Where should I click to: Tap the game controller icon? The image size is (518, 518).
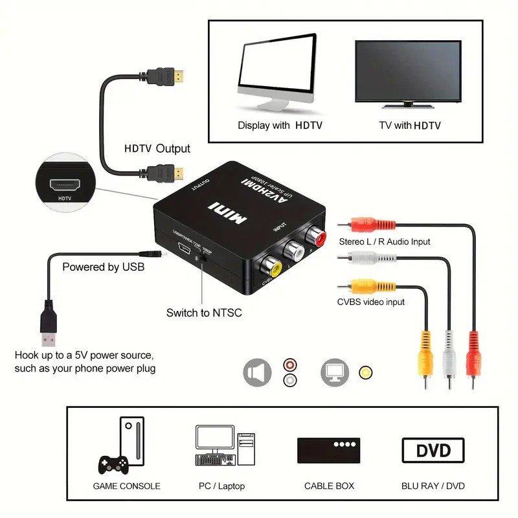[113, 464]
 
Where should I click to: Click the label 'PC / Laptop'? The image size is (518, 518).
[222, 486]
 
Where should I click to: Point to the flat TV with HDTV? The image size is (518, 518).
[408, 73]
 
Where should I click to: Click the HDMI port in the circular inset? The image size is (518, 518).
[65, 184]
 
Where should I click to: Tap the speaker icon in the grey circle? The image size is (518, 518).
[257, 373]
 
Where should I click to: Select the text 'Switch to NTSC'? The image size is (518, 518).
[204, 313]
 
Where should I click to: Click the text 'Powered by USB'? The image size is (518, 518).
[103, 267]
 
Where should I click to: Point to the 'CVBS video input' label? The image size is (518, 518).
[370, 302]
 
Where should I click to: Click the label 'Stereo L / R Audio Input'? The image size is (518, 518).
[384, 242]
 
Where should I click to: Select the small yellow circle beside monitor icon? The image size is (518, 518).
[366, 373]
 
